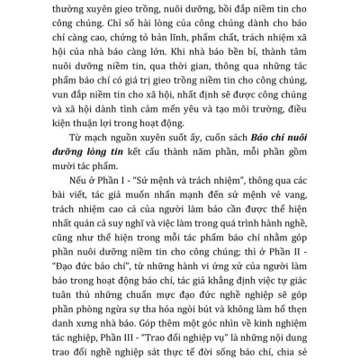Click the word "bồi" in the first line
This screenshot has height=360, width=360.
[211, 6]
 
